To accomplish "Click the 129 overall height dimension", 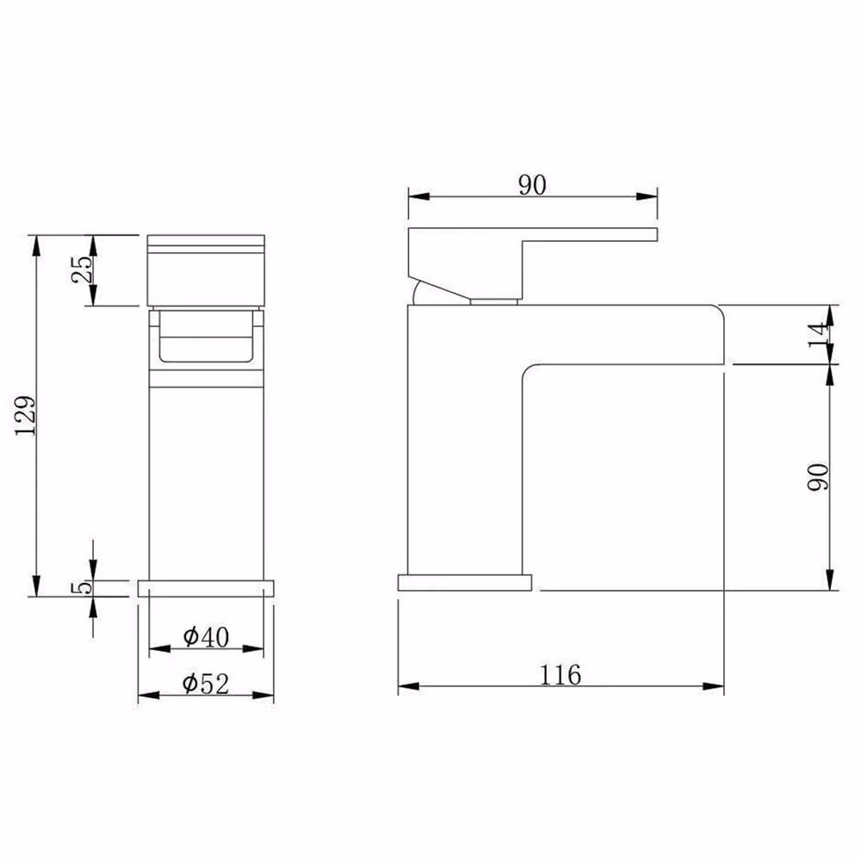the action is point(26,416).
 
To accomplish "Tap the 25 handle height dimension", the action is point(83,269).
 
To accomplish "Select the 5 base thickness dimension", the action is point(81,587).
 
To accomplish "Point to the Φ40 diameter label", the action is point(206,637).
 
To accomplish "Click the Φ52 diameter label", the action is point(206,684).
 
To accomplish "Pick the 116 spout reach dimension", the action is point(561,675).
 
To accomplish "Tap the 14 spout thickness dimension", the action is point(818,334).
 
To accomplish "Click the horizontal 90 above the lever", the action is point(532,185).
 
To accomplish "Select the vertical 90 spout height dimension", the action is point(818,477).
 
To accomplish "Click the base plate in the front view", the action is point(206,588).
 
